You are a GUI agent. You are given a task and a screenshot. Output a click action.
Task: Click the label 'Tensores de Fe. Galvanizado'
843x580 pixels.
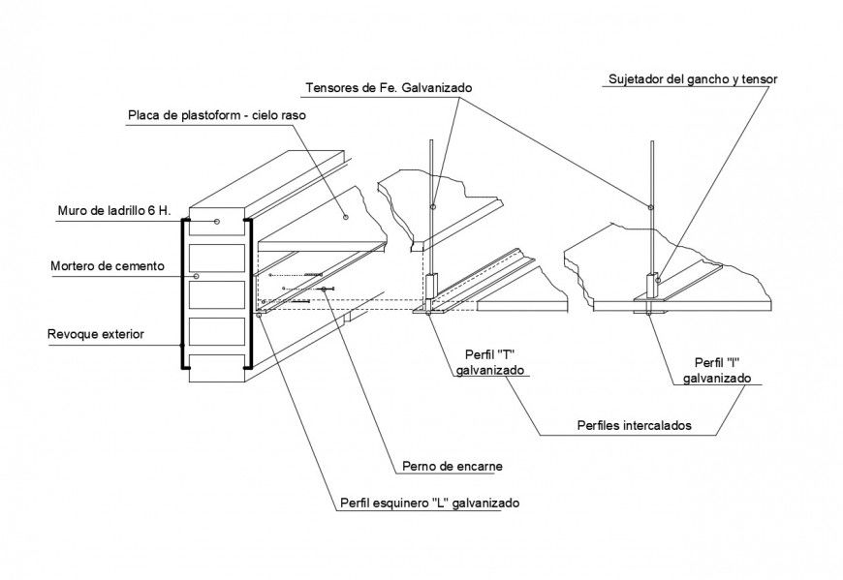tap(388, 87)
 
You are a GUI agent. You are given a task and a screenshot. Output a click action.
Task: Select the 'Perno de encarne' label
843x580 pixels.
tap(452, 466)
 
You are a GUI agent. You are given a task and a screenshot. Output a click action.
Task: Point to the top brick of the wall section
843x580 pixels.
tap(216, 224)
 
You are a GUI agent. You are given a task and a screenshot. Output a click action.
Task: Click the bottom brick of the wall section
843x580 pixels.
tap(216, 363)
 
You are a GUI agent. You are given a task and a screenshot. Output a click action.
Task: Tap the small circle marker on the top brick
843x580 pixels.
tap(217, 223)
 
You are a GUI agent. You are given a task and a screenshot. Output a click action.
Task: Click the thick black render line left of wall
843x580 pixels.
tap(182, 295)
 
